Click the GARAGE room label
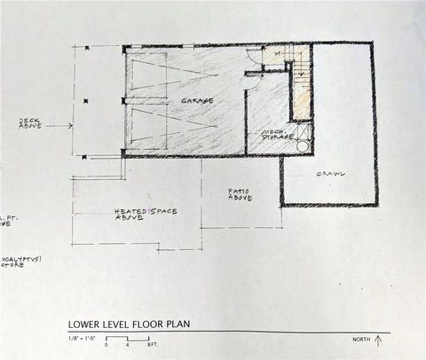(x=197, y=100)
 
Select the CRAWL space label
(x=330, y=173)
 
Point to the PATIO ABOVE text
(x=240, y=193)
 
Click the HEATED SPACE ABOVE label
(x=146, y=213)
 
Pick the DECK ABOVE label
(x=30, y=124)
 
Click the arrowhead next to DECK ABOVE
(x=69, y=126)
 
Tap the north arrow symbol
(x=379, y=339)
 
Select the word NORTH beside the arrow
(x=361, y=340)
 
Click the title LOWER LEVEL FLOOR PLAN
(x=129, y=324)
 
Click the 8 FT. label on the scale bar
(x=153, y=344)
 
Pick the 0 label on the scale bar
(x=106, y=344)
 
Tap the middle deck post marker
(x=86, y=102)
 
